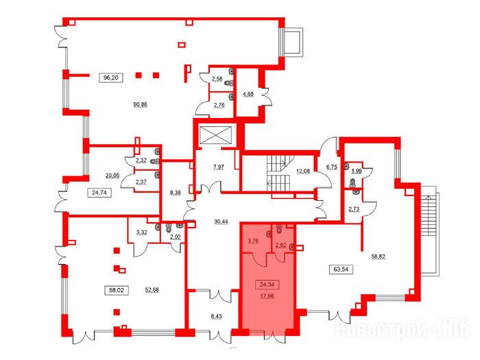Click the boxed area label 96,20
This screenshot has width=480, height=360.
[111, 77]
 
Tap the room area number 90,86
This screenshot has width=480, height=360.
[140, 105]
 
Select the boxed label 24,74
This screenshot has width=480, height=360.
[99, 193]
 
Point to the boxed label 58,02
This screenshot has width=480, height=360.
[117, 290]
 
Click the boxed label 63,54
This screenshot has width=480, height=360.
[341, 269]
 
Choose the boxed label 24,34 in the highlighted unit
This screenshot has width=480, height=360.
[267, 285]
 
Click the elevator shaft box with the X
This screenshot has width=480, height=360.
[215, 134]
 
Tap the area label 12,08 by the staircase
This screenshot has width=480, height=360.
[303, 171]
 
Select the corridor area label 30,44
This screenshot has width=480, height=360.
[221, 221]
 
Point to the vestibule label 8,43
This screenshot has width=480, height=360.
[216, 317]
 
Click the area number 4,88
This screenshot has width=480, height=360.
[248, 95]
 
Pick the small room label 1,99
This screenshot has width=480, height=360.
[357, 171]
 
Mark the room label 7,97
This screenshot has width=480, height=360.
[219, 167]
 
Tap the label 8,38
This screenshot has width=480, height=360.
[176, 193]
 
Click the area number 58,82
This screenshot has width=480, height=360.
[378, 257]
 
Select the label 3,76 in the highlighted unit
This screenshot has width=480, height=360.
[253, 241]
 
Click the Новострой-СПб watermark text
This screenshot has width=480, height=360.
[402, 329]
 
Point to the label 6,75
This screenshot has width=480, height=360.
[332, 167]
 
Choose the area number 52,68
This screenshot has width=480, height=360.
[152, 290]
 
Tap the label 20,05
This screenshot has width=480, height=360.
[112, 176]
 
